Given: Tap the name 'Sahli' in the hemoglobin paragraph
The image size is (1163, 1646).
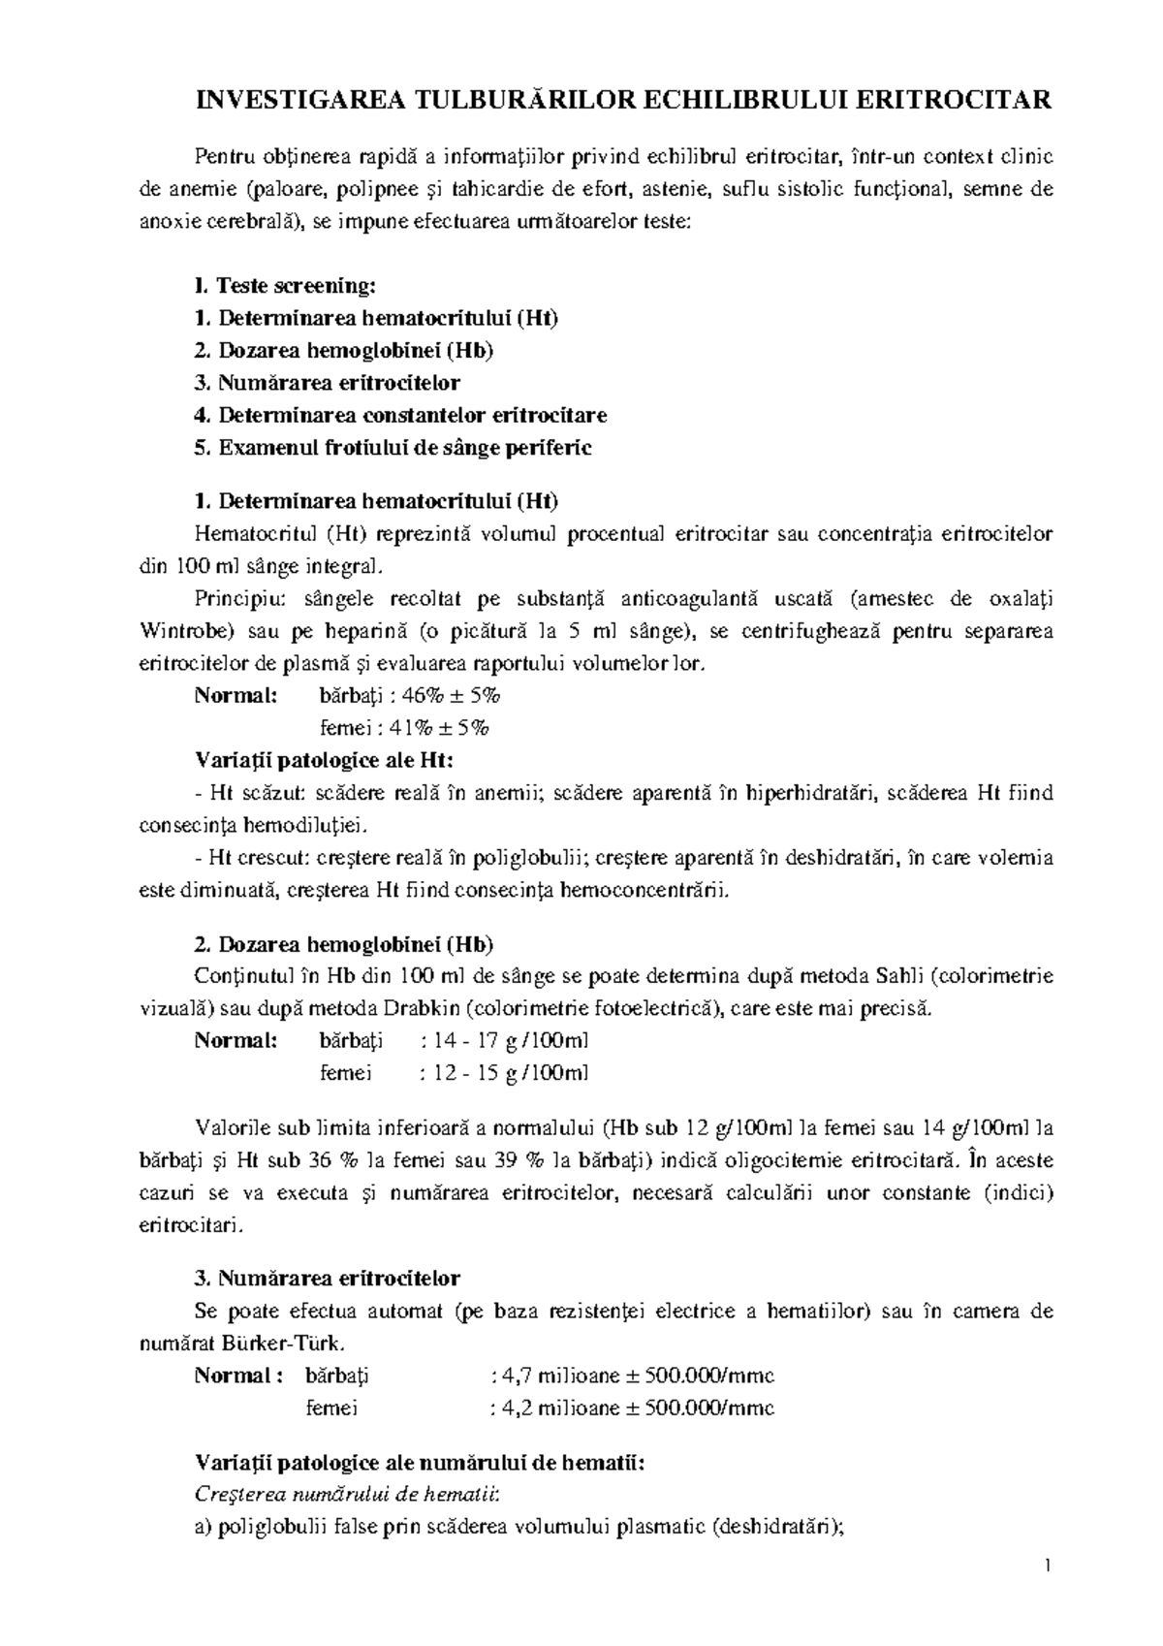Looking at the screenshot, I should pyautogui.click(x=898, y=976).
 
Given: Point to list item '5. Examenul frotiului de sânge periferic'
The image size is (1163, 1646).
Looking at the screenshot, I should pyautogui.click(x=393, y=448).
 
